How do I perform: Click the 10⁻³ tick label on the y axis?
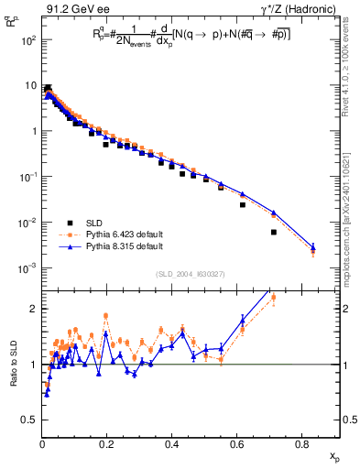click(28, 267)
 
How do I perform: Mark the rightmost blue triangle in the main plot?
click(312, 247)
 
